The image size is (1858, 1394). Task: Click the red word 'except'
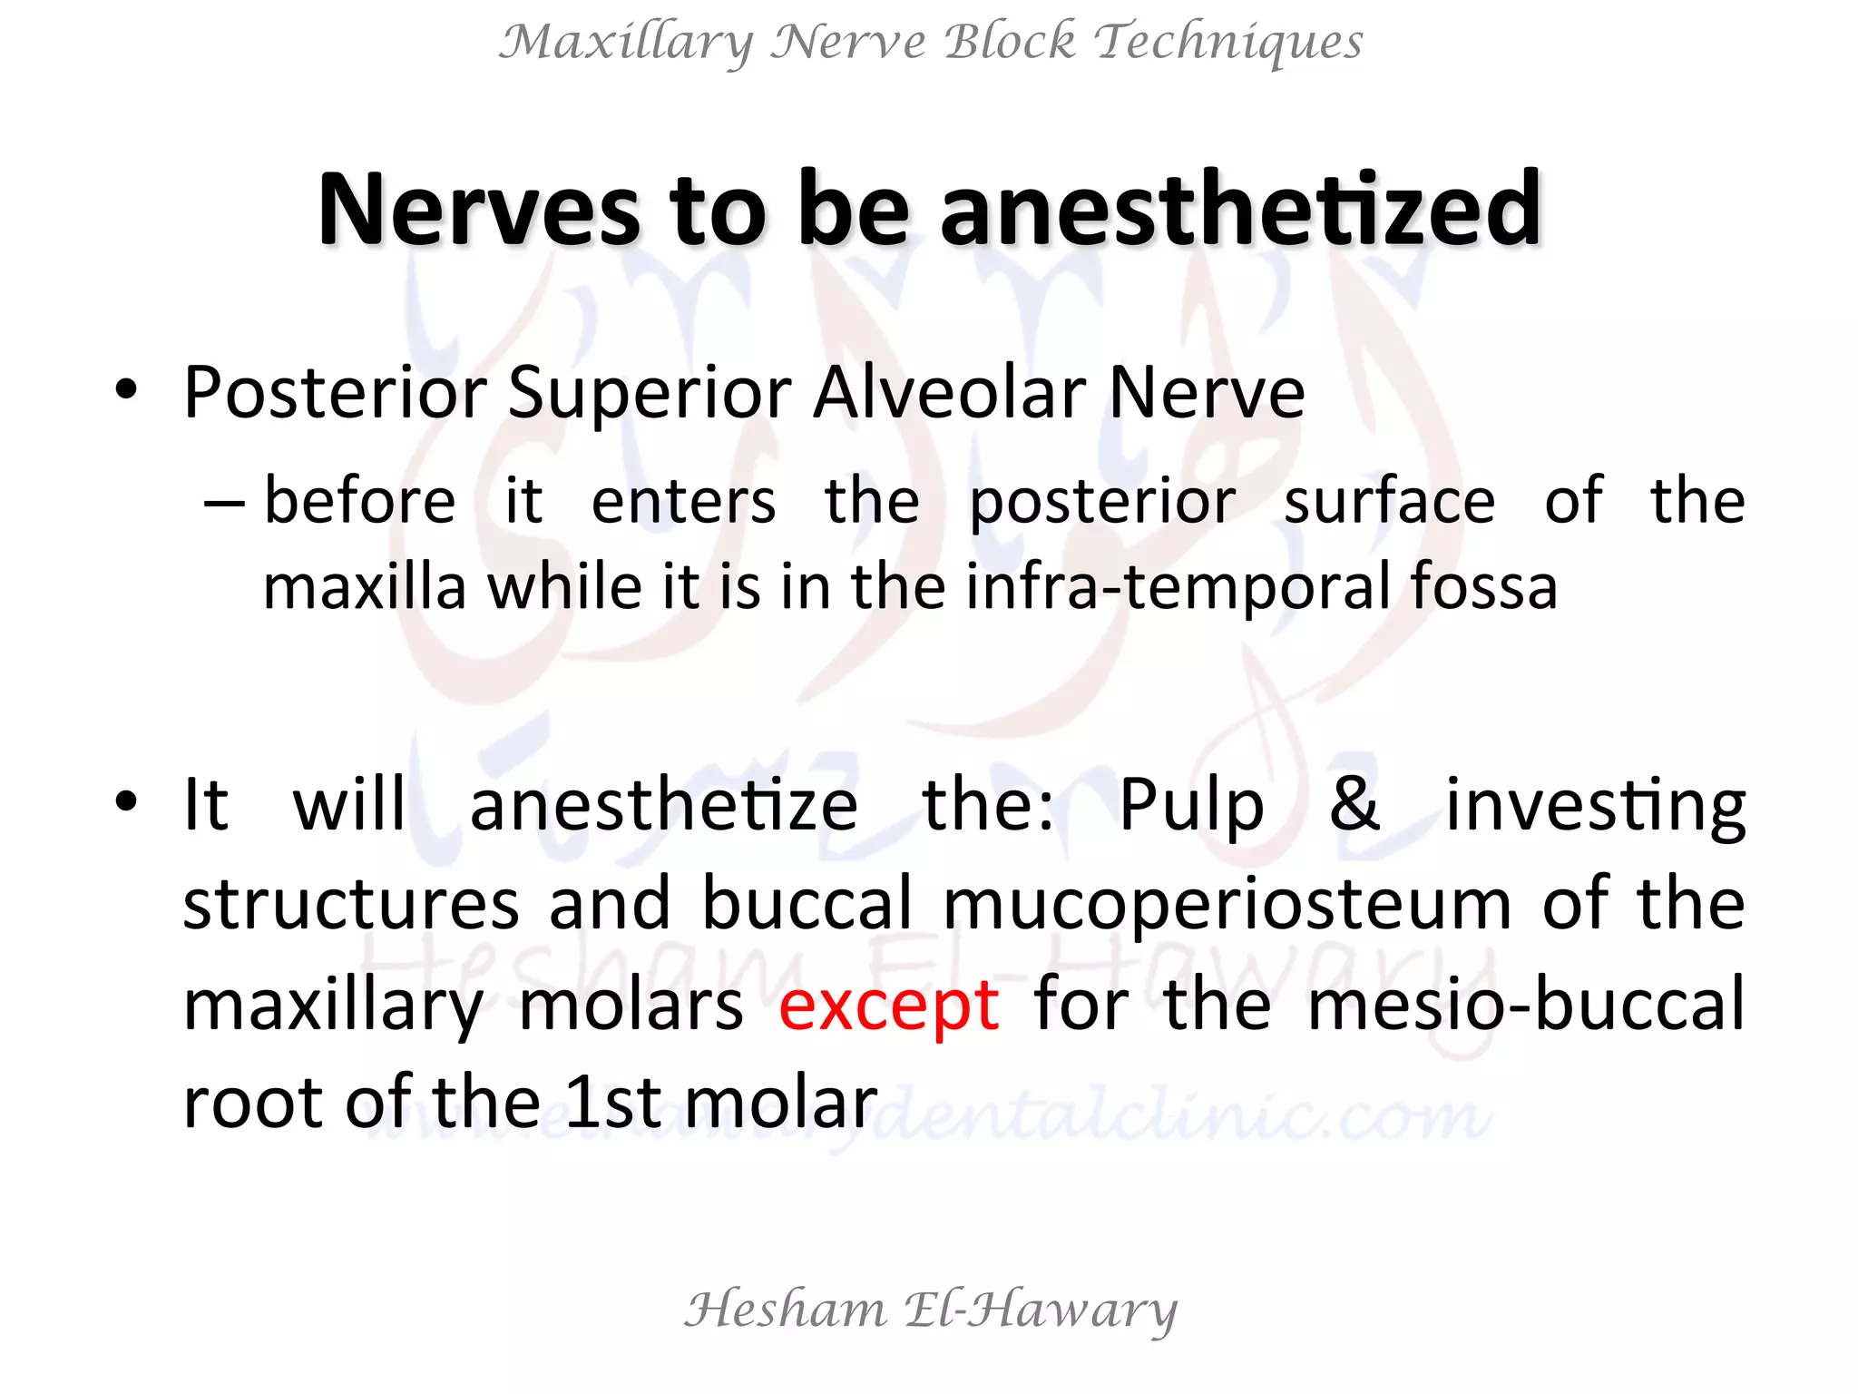point(888,1006)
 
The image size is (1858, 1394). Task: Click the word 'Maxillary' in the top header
point(626,43)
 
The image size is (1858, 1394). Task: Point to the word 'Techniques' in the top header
point(1228,43)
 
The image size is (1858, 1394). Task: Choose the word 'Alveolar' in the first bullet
point(952,393)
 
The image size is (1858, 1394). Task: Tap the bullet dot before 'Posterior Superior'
point(126,391)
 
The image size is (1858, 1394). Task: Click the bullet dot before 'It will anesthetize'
point(126,802)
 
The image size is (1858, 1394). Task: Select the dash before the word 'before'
point(223,501)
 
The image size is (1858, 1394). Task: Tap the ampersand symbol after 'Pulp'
point(1354,804)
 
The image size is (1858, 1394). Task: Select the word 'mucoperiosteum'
point(1227,906)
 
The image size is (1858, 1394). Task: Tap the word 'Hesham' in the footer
point(785,1311)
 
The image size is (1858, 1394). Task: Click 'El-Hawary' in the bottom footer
point(1041,1311)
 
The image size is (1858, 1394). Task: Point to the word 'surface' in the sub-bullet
point(1389,501)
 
